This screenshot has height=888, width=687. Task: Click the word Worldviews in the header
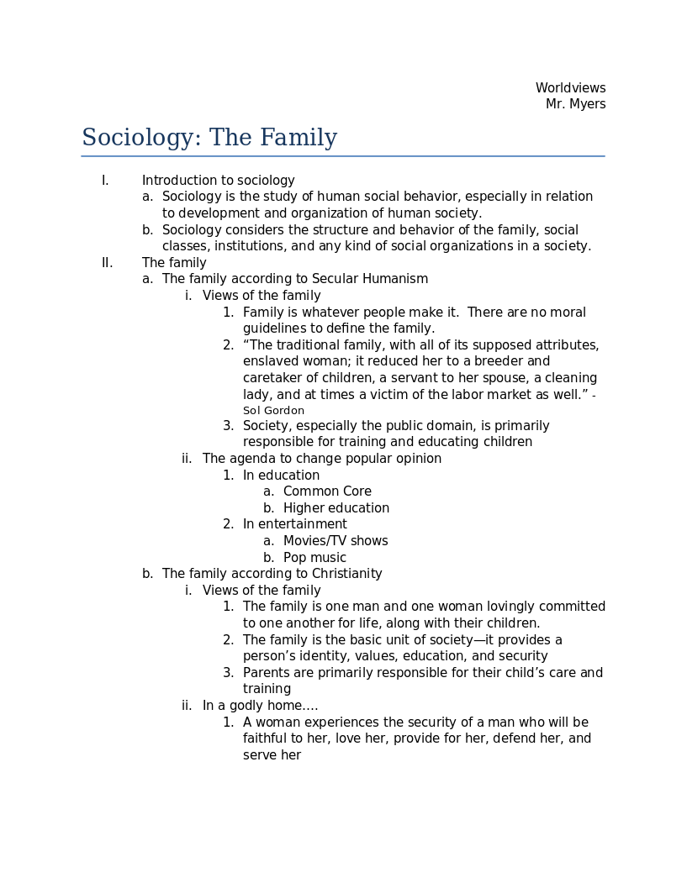[570, 88]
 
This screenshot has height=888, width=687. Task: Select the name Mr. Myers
[575, 104]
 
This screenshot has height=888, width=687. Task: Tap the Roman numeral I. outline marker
[105, 181]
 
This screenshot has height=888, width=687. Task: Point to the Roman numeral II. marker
[107, 263]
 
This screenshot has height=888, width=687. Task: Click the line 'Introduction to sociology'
[218, 181]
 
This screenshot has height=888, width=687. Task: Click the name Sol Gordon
[273, 411]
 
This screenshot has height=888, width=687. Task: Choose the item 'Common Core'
[327, 491]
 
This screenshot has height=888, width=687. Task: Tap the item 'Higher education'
[336, 508]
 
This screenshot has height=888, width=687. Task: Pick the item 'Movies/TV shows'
[336, 541]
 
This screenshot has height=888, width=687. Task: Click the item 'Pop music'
[314, 558]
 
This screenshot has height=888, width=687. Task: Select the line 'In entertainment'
[294, 524]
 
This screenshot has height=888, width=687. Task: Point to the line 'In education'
[281, 476]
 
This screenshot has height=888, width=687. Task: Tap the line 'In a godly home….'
[260, 706]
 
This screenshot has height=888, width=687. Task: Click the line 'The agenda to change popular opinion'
[321, 459]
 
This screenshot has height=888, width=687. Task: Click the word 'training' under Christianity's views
[267, 689]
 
